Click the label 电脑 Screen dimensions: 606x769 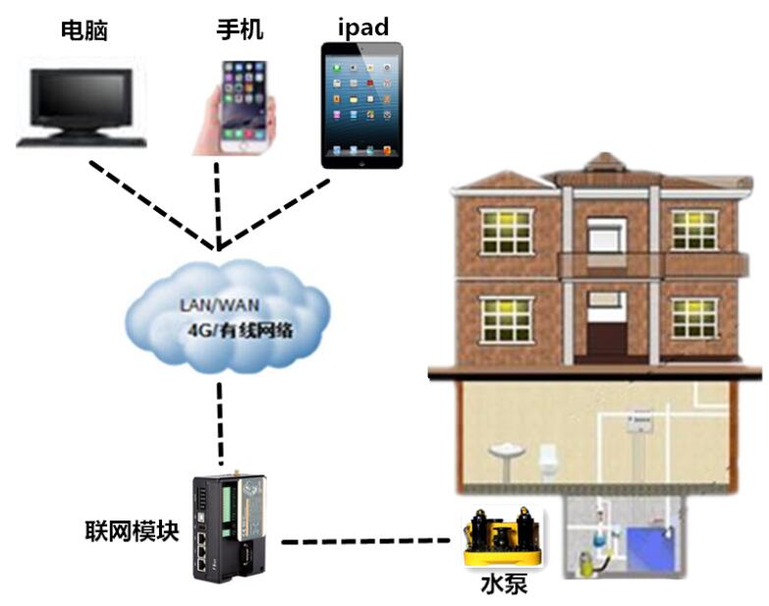click(x=83, y=31)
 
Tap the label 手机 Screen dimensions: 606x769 click(x=240, y=29)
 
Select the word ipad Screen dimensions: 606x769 click(x=362, y=27)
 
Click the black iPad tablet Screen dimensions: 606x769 click(x=362, y=104)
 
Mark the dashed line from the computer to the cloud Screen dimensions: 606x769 click(x=152, y=202)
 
